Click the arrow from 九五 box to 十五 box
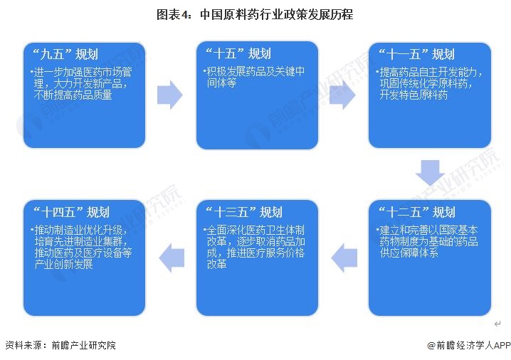tap(169, 95)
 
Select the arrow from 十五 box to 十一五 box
tap(342, 95)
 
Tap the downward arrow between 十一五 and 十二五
tap(431, 173)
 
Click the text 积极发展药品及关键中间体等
tap(253, 78)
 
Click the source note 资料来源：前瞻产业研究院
tap(60, 345)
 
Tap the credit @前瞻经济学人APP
tap(469, 345)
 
